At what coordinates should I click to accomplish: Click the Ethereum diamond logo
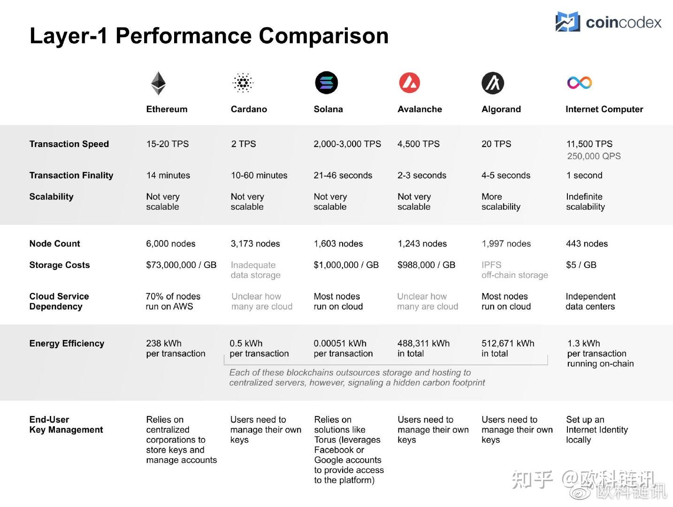coord(158,83)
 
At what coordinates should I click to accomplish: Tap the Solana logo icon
coord(326,83)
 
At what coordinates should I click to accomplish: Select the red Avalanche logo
coord(409,83)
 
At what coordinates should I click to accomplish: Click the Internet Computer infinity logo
coord(579,83)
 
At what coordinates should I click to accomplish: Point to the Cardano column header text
coord(249,109)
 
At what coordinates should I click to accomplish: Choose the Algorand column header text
coord(501,109)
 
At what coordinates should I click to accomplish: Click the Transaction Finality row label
coord(71,176)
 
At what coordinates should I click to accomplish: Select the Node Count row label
coord(54,244)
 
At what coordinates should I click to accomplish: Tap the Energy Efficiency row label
coord(67,344)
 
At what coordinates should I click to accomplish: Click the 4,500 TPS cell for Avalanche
coord(418,144)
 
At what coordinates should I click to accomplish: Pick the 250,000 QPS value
coord(594,156)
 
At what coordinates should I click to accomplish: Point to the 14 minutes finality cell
coord(168,176)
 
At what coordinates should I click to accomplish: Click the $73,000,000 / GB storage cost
coord(181,265)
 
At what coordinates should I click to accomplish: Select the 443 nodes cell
coord(587,244)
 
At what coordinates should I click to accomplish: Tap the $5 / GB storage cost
coord(581,265)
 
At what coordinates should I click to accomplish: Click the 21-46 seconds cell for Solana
coord(343,176)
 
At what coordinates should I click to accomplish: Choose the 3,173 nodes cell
coord(255,244)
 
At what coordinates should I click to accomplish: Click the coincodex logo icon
coord(567,22)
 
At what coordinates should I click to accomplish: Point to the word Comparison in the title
coord(323,36)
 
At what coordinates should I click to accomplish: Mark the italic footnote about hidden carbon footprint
coord(357,378)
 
